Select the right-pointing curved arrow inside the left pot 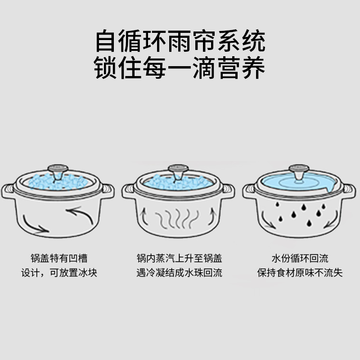coord(33,225)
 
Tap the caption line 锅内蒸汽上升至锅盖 coord(179,258)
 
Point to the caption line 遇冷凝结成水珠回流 coord(179,273)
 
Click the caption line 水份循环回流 coord(300,258)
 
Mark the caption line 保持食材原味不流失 coord(300,273)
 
